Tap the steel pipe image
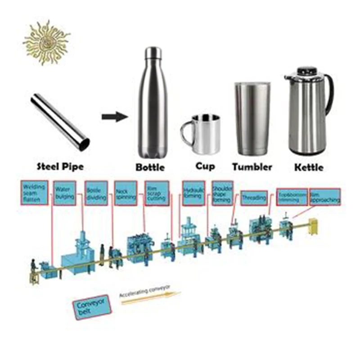(61, 122)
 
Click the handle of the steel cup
(186, 134)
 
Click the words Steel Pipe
(60, 166)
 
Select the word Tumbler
(252, 167)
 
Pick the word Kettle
(308, 167)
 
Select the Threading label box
(254, 198)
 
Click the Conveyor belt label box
(92, 307)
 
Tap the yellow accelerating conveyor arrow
(151, 298)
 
